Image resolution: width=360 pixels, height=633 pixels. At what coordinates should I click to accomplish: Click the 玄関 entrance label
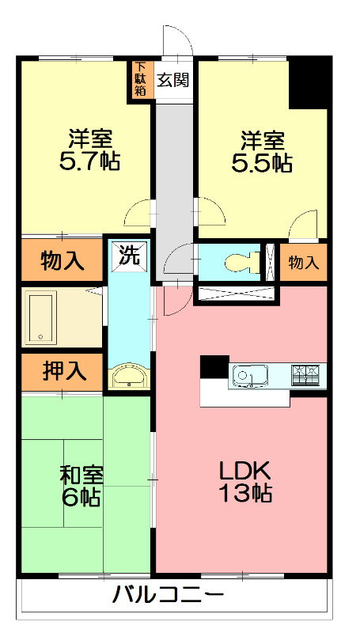click(172, 81)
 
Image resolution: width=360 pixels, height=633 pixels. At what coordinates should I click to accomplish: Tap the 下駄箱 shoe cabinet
click(141, 78)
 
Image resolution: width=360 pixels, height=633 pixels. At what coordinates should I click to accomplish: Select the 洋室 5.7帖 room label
click(89, 150)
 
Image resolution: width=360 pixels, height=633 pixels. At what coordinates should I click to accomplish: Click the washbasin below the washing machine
click(129, 377)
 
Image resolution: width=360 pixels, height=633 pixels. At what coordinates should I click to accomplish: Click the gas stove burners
click(305, 375)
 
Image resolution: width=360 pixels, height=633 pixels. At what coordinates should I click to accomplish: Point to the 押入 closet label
click(65, 371)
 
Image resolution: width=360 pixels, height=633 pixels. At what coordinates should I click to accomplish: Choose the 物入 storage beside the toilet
click(304, 263)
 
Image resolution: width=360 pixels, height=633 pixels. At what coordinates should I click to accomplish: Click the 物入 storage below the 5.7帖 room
click(63, 261)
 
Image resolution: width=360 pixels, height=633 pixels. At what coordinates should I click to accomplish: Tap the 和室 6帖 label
click(81, 487)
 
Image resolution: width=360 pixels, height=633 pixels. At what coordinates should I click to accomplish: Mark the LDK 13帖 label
click(244, 482)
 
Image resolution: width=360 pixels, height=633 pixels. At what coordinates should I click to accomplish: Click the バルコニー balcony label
click(168, 594)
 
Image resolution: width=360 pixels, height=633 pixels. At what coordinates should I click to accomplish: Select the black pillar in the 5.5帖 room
click(309, 83)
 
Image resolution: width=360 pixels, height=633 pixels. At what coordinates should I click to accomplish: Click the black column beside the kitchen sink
click(214, 367)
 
